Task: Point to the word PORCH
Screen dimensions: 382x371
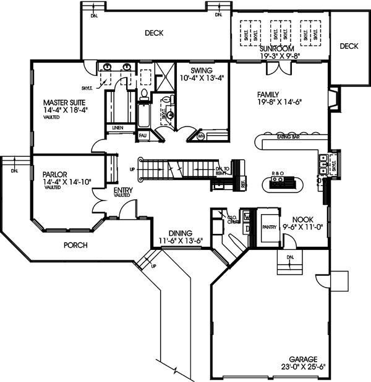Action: (75, 245)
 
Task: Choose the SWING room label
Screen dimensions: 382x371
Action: (202, 70)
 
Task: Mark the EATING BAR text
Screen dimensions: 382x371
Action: (289, 136)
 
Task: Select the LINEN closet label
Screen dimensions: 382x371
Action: (117, 128)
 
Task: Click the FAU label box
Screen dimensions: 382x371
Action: (142, 135)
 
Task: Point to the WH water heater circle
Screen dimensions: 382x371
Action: (201, 136)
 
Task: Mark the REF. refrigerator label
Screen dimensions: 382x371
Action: (243, 183)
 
